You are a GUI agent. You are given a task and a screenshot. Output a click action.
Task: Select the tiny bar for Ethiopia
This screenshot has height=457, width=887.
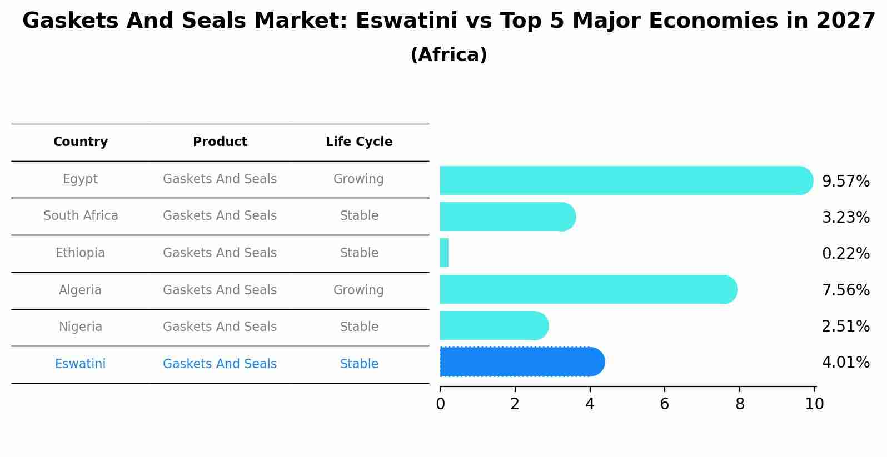coord(444,253)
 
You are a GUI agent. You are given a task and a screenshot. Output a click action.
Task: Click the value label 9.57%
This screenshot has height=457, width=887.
coord(845,182)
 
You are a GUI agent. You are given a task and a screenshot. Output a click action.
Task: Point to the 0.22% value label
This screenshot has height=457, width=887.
coord(845,254)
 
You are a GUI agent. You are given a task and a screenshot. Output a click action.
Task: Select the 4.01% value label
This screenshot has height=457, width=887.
coord(845,363)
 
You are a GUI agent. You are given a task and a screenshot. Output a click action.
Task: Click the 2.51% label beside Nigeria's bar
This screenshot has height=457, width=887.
coord(845,327)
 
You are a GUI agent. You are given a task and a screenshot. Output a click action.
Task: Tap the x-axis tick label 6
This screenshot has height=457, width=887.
coord(664,404)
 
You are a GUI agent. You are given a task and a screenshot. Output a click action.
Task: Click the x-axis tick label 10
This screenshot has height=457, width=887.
coord(814,404)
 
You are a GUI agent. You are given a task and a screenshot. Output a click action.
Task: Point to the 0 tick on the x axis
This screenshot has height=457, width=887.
coord(440,404)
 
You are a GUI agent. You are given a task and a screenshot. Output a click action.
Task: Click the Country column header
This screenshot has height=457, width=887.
coord(81,142)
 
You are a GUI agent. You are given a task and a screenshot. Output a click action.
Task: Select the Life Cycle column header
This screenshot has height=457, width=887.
coord(359,142)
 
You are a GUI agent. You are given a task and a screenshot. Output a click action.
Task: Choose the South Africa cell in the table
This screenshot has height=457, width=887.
coord(81,216)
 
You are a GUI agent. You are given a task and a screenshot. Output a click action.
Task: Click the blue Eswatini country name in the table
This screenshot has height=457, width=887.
coord(81,364)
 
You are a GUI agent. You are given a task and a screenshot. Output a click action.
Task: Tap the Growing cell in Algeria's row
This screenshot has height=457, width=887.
coord(358,290)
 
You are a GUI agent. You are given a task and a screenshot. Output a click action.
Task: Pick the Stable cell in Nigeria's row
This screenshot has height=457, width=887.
coord(359,327)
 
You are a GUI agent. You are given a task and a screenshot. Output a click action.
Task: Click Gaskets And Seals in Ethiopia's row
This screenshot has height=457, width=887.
coord(220,253)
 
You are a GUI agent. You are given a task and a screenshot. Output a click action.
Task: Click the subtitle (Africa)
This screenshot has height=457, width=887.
coord(449,55)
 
